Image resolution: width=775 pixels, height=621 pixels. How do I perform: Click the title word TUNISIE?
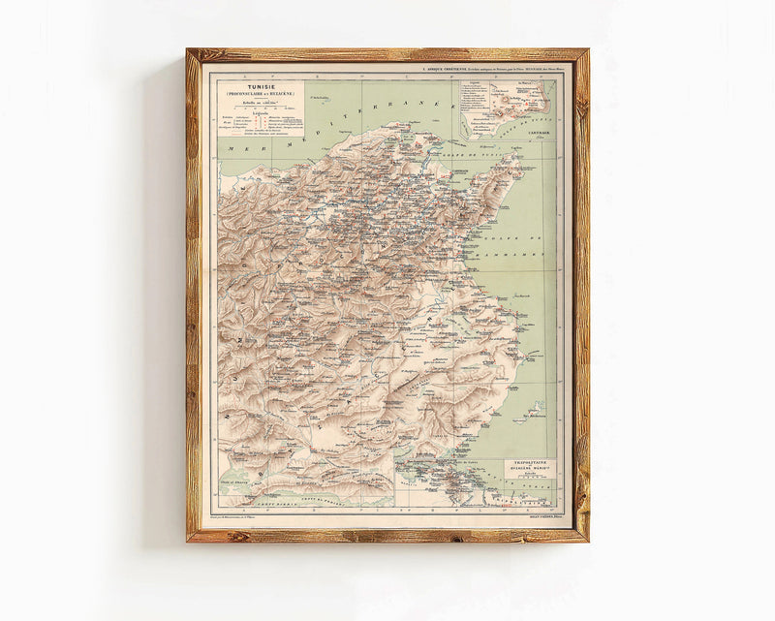[258, 83]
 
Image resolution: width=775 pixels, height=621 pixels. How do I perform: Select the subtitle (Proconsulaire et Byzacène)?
[258, 92]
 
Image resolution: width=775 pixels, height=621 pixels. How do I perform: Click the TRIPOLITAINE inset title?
[529, 463]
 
